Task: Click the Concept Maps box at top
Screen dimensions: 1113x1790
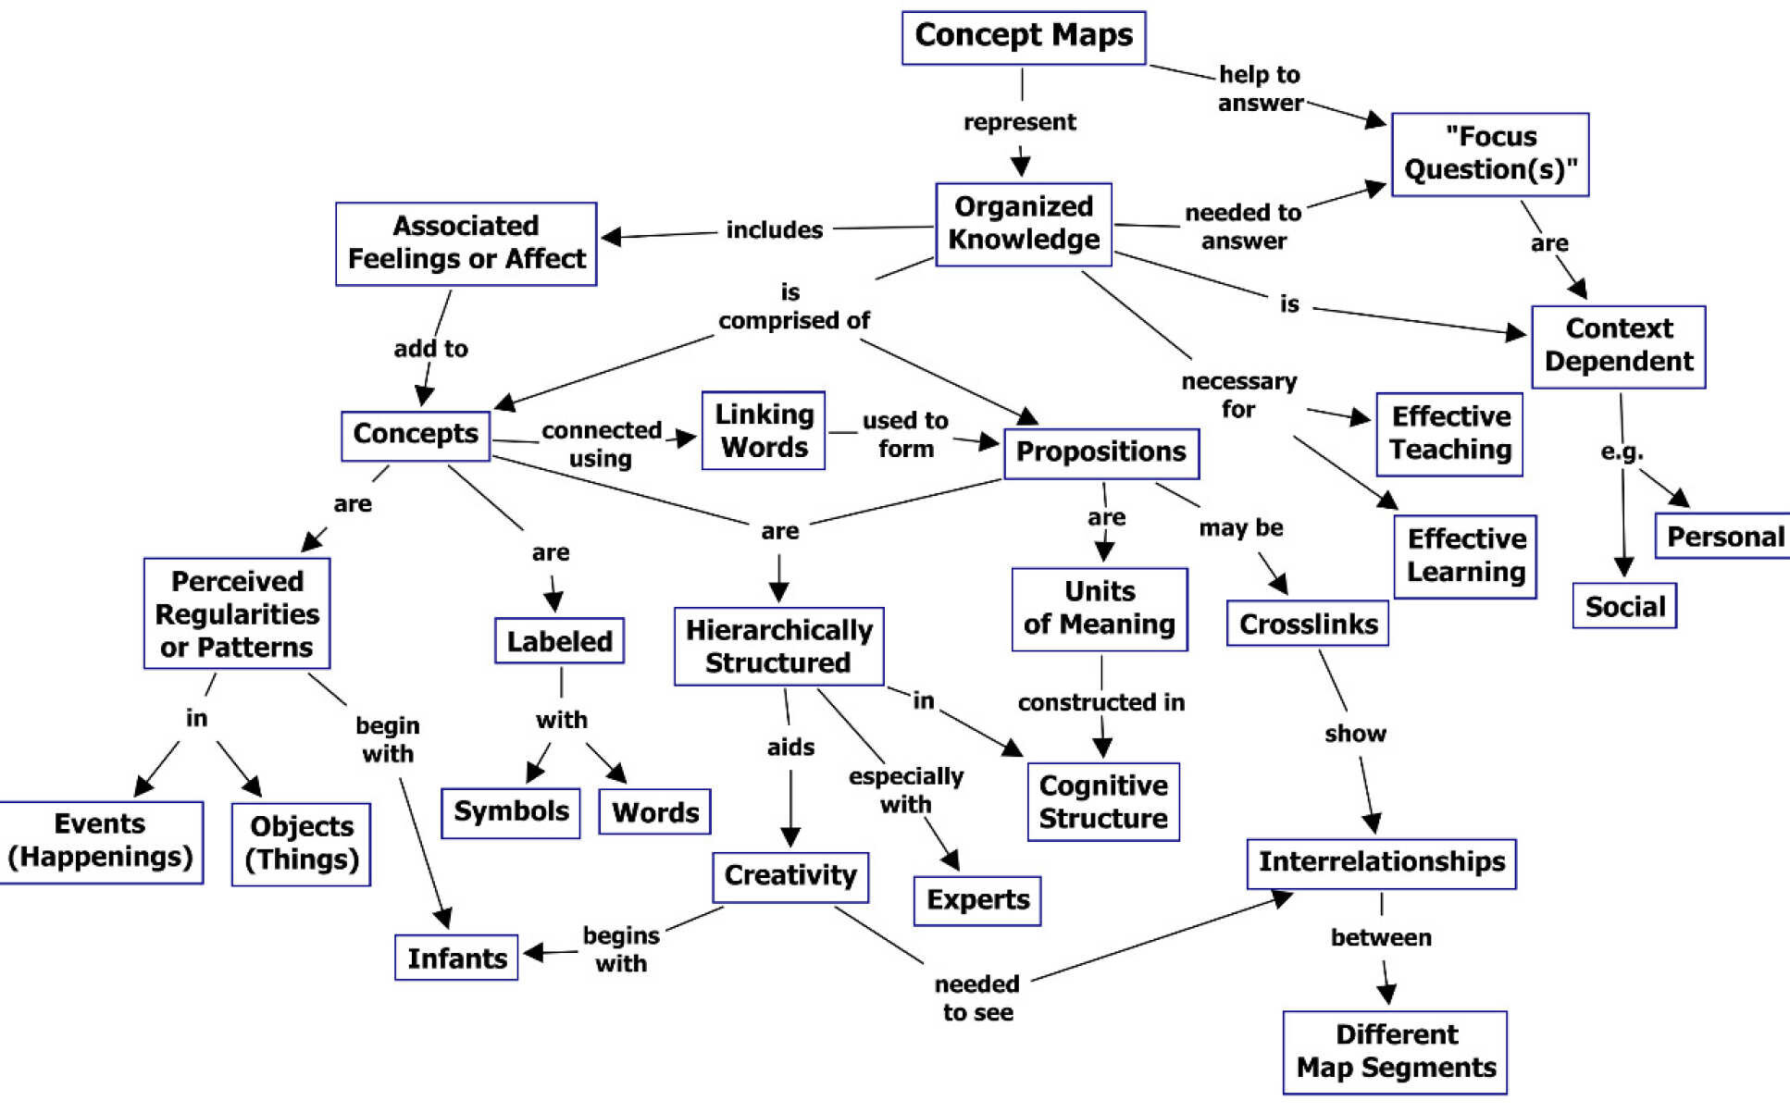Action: (x=1023, y=37)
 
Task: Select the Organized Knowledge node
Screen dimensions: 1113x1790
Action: (x=1023, y=224)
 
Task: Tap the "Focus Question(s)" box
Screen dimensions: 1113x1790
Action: (x=1489, y=154)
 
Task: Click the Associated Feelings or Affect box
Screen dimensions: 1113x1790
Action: (x=466, y=243)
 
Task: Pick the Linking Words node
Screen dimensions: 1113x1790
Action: (x=763, y=430)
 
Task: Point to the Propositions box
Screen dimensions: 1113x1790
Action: (x=1100, y=452)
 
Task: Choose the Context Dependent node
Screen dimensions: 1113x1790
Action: (x=1618, y=346)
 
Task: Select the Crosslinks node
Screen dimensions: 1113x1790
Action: (x=1307, y=624)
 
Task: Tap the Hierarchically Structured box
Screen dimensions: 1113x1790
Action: (x=778, y=646)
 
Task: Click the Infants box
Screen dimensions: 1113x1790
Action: (x=456, y=958)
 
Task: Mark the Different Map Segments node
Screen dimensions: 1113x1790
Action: (x=1395, y=1052)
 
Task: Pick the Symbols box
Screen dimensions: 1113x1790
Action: (x=510, y=812)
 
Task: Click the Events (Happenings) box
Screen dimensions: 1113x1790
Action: (x=100, y=841)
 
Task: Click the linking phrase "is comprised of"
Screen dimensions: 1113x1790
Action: (x=793, y=307)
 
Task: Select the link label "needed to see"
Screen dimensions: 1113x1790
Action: (x=977, y=997)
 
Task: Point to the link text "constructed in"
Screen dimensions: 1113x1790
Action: (x=1100, y=702)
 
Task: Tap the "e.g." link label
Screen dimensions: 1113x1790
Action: (x=1622, y=451)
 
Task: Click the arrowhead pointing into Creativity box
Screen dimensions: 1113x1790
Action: (x=790, y=837)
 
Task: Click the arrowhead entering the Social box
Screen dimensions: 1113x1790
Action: (x=1623, y=566)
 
